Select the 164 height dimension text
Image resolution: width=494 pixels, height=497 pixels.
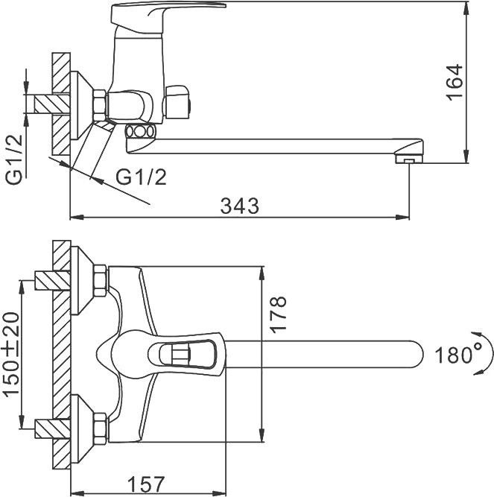point(454,83)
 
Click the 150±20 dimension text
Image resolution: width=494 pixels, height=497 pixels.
point(13,355)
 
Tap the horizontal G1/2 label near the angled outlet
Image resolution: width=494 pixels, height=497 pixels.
point(142,177)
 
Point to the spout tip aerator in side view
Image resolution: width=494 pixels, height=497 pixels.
point(408,160)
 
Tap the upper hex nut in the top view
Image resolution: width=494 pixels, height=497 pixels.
point(100,281)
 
